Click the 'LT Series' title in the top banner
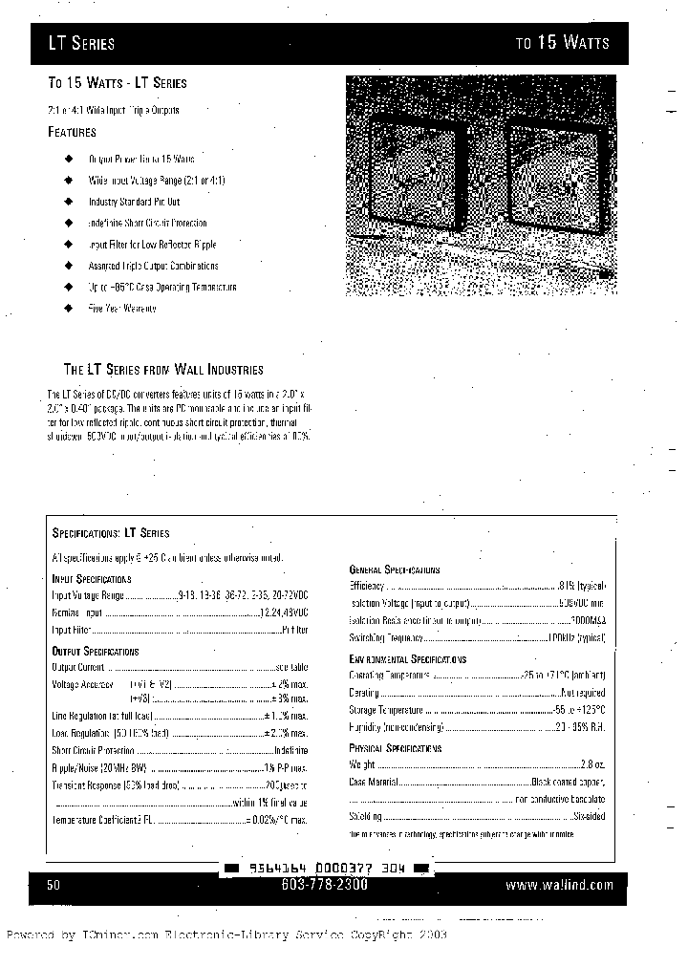click(82, 43)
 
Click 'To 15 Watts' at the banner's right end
click(562, 43)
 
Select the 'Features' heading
click(73, 132)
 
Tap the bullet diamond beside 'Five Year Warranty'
click(68, 309)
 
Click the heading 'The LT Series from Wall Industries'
click(163, 369)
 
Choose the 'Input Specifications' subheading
click(91, 579)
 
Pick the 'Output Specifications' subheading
click(95, 651)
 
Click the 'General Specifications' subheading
click(395, 569)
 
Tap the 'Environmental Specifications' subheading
click(408, 659)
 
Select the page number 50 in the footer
click(54, 886)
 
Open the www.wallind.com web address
click(559, 886)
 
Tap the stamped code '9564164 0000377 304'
click(327, 869)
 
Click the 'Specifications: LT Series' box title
click(110, 533)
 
